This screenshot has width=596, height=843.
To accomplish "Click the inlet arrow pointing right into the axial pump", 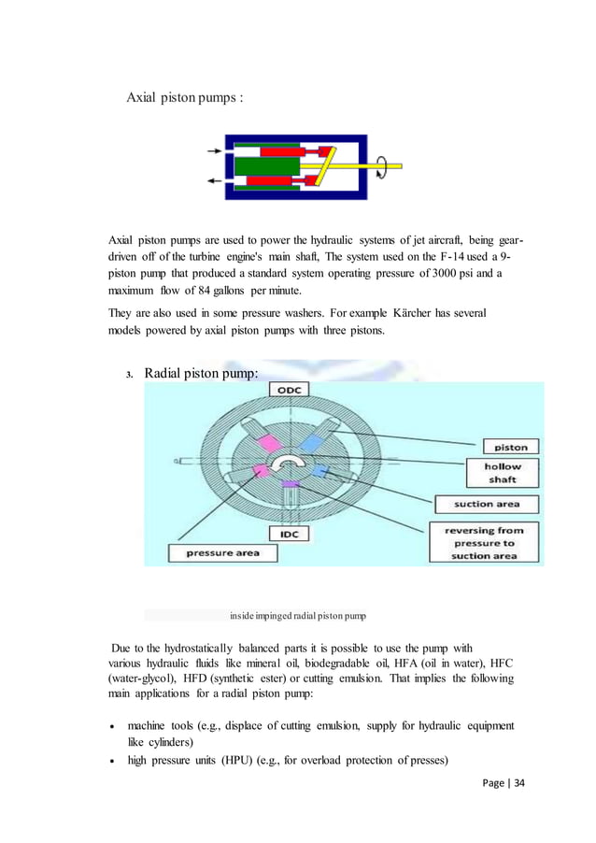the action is (214, 150).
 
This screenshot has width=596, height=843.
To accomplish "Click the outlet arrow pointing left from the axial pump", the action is (214, 181).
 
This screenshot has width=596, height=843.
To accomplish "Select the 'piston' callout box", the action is (510, 448).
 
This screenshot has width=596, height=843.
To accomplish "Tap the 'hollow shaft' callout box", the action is (503, 472).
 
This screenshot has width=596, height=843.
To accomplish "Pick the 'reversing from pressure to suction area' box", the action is (486, 542).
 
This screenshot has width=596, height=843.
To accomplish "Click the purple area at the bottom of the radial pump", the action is (291, 483).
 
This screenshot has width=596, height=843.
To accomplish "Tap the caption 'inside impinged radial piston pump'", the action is (298, 616).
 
